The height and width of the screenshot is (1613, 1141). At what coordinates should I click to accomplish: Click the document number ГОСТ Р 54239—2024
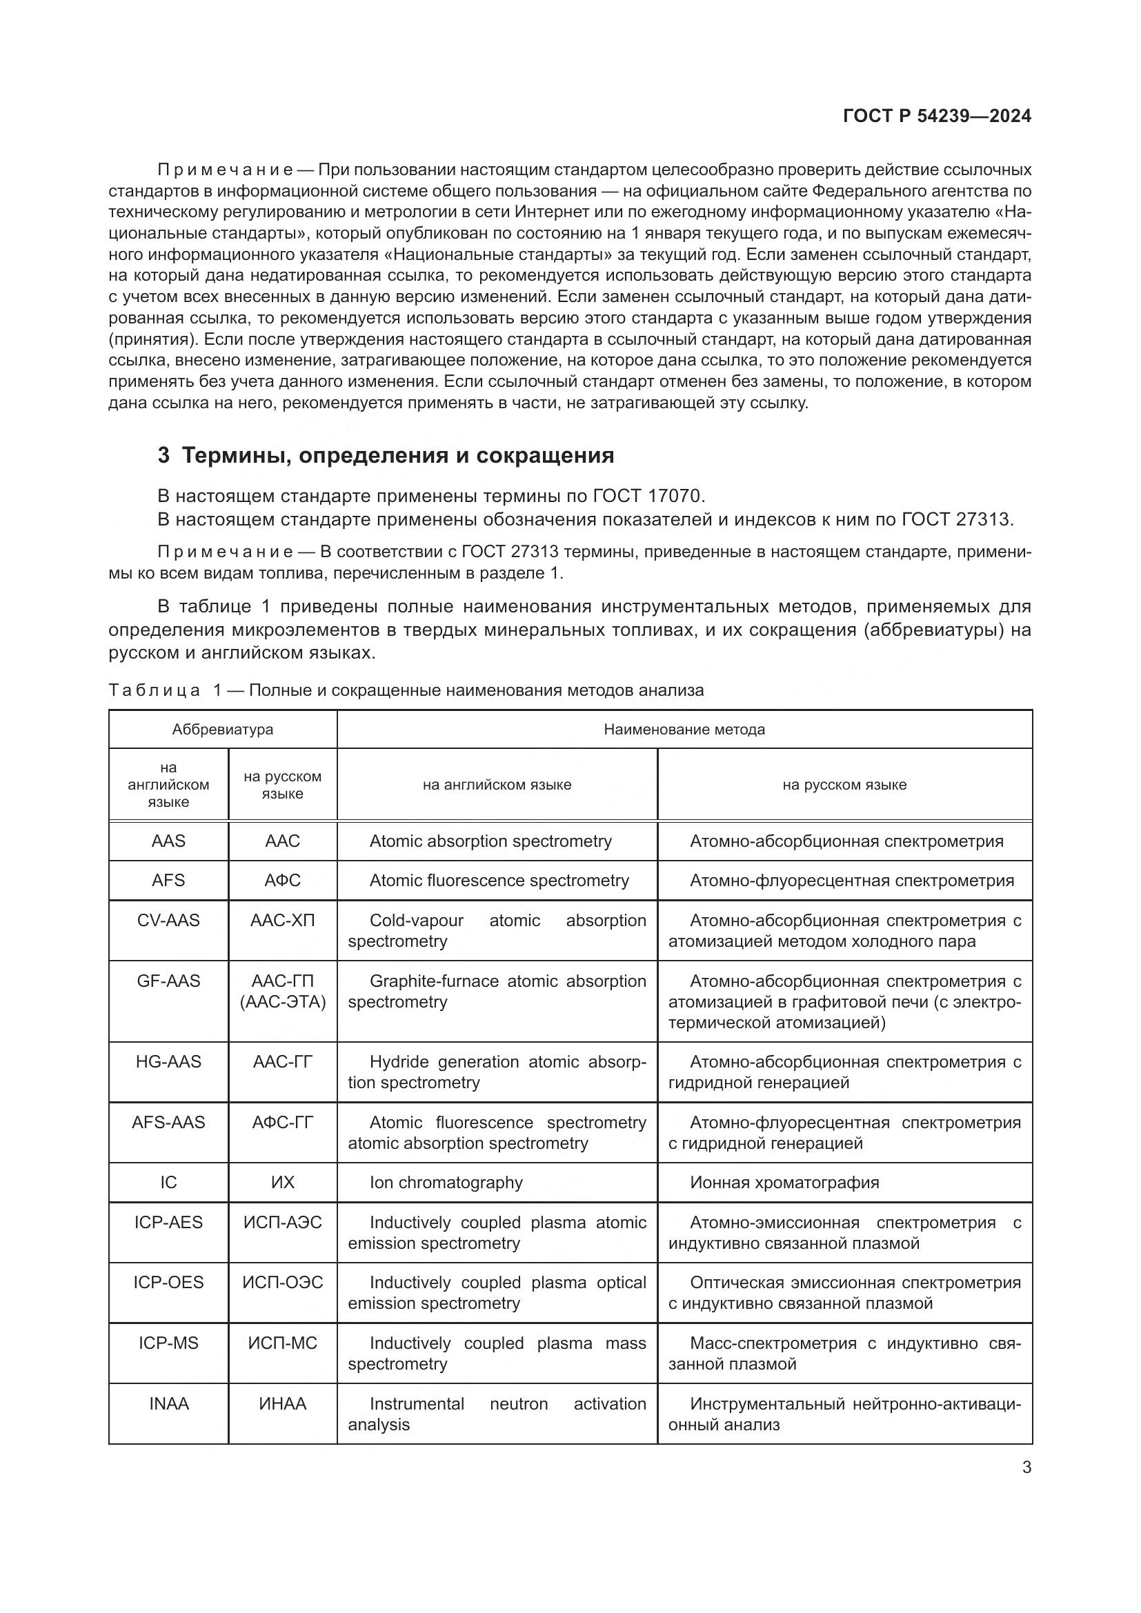point(937,116)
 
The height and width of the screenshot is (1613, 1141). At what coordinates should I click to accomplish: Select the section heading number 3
point(163,456)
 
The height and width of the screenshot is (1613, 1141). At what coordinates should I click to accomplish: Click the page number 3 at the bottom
point(1026,1467)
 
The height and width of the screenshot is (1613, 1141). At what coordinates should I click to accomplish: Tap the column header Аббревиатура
point(223,729)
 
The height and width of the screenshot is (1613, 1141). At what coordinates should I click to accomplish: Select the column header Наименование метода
point(684,729)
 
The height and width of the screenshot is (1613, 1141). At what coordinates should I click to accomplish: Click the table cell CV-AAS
point(168,921)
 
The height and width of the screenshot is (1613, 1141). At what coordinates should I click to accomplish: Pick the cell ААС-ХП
point(282,921)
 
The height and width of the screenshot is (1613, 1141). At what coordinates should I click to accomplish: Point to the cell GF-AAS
point(168,981)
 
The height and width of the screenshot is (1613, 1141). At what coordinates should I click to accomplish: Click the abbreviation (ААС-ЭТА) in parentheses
point(282,1002)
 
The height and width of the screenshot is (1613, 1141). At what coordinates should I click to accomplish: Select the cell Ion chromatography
point(446,1183)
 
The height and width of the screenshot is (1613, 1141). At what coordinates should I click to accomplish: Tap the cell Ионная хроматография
point(784,1183)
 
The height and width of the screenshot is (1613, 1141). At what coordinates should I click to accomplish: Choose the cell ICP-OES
point(168,1282)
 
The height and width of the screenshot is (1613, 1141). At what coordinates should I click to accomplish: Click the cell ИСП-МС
point(282,1343)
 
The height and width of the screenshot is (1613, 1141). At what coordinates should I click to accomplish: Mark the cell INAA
point(168,1403)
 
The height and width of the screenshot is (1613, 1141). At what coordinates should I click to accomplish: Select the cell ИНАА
point(282,1403)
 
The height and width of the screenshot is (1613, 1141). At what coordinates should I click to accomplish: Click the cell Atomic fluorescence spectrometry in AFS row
point(499,880)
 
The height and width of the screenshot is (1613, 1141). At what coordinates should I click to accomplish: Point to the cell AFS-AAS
point(168,1122)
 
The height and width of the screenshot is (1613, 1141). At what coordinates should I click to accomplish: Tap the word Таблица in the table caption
point(155,690)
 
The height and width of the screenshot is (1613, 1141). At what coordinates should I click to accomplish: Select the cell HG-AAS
point(168,1061)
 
